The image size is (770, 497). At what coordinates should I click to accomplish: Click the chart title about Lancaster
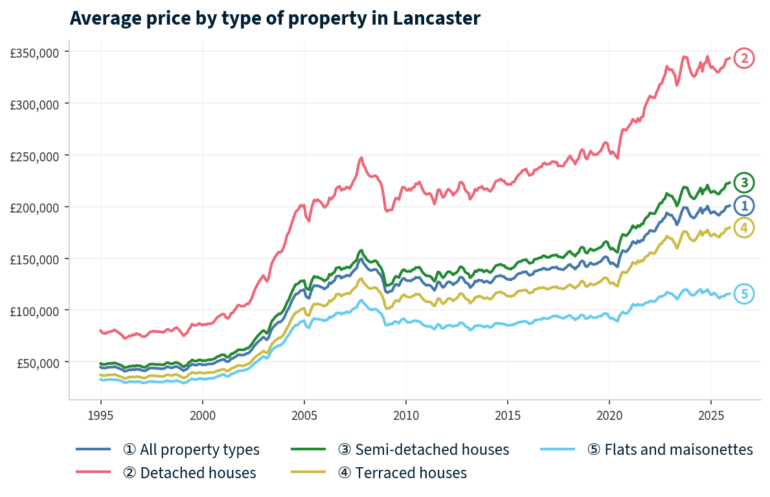coord(275,18)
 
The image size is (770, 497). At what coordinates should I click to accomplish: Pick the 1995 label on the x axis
coord(100,415)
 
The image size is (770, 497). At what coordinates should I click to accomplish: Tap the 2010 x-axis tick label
coord(405,415)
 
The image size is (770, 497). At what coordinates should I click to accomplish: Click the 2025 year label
coord(710,415)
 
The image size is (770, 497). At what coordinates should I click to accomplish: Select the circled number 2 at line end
coord(744,59)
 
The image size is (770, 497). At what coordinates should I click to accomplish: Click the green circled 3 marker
coord(744,182)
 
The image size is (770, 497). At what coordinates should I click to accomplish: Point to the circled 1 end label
coord(744,206)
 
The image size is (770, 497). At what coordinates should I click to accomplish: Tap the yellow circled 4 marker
coord(744,228)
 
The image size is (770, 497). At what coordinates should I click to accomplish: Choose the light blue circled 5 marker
coord(744,294)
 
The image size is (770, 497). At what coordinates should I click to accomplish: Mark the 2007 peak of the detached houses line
coord(361,157)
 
